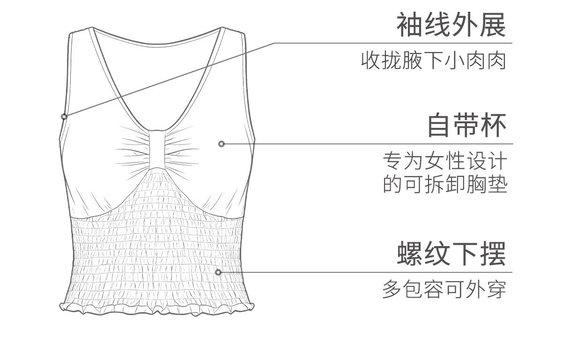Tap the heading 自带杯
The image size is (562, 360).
point(467,125)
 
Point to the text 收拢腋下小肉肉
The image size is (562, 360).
point(434,61)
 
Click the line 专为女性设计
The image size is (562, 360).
point(445,162)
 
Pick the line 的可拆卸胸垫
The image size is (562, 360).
point(445,184)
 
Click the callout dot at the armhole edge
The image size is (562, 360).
point(64,116)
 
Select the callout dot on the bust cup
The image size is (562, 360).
point(222,144)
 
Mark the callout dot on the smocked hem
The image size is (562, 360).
point(218,272)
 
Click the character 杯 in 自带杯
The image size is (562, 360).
point(494,125)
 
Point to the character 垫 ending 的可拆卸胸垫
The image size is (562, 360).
point(497,184)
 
